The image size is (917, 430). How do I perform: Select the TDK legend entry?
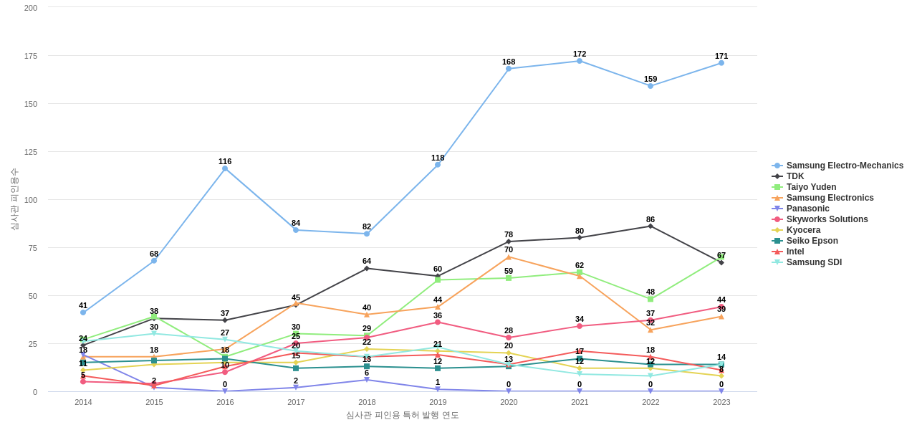[794, 176]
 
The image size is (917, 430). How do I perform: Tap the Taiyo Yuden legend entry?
[811, 187]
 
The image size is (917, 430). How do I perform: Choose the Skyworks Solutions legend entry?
[827, 219]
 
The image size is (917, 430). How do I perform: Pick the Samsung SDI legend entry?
[814, 262]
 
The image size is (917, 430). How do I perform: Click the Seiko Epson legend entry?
[812, 241]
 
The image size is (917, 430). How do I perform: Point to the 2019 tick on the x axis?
[438, 402]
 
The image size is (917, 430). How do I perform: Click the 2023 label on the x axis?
[721, 402]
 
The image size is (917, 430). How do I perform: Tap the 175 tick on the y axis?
[31, 56]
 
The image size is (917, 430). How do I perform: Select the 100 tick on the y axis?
[31, 200]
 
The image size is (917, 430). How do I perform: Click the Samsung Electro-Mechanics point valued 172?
[580, 61]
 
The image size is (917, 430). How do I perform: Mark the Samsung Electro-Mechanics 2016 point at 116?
[225, 168]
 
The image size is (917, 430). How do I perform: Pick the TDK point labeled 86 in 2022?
[650, 226]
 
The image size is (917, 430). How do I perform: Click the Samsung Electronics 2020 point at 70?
[509, 257]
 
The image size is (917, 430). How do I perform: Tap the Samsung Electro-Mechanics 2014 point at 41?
[83, 312]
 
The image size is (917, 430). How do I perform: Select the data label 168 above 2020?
[509, 62]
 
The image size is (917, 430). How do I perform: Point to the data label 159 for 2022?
[650, 79]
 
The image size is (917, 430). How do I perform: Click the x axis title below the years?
[402, 415]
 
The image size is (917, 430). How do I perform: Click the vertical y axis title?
[14, 199]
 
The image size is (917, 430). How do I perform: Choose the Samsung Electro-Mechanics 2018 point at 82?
[367, 234]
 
